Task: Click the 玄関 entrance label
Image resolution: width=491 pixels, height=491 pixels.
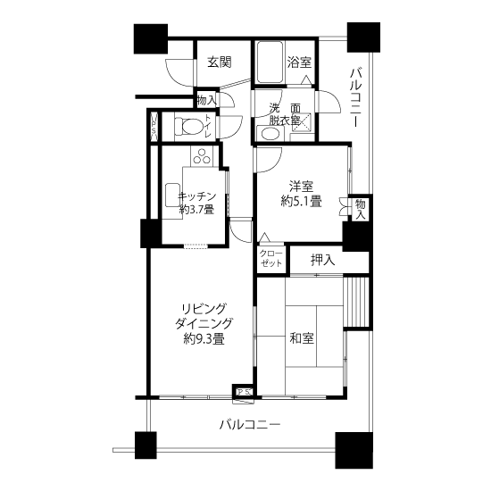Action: pyautogui.click(x=220, y=62)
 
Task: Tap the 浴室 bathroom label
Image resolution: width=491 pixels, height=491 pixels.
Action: pyautogui.click(x=299, y=62)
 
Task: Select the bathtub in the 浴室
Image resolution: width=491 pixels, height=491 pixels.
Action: pyautogui.click(x=270, y=62)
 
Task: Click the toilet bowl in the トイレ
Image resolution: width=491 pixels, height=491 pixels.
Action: pyautogui.click(x=189, y=126)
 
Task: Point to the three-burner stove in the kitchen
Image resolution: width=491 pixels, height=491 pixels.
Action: pyautogui.click(x=202, y=156)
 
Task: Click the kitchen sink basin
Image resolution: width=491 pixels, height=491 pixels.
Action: pyautogui.click(x=172, y=195)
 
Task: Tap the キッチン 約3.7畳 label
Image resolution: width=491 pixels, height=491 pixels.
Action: pyautogui.click(x=197, y=203)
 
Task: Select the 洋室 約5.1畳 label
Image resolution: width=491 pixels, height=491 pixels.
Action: pyautogui.click(x=301, y=194)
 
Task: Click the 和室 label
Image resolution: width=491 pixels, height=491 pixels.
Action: pyautogui.click(x=302, y=338)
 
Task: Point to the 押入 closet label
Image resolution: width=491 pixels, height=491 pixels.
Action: pyautogui.click(x=323, y=260)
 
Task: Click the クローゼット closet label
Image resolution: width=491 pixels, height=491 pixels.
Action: pyautogui.click(x=271, y=259)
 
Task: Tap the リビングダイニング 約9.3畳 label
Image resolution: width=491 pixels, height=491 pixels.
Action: pyautogui.click(x=204, y=324)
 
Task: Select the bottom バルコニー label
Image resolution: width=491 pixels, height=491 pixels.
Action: pyautogui.click(x=250, y=425)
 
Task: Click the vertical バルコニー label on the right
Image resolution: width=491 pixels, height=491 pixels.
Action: pyautogui.click(x=355, y=97)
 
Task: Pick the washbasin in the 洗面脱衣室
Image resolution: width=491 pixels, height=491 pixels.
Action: pyautogui.click(x=270, y=134)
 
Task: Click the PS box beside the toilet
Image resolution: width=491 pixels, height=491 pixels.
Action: pyautogui.click(x=154, y=127)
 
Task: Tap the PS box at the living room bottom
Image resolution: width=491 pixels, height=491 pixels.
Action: pyautogui.click(x=244, y=391)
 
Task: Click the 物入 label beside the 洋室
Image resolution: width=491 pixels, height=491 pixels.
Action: pyautogui.click(x=360, y=210)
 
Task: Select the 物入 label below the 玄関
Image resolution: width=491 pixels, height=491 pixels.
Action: pyautogui.click(x=206, y=100)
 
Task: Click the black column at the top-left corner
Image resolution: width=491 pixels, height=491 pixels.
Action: pyautogui.click(x=151, y=38)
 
